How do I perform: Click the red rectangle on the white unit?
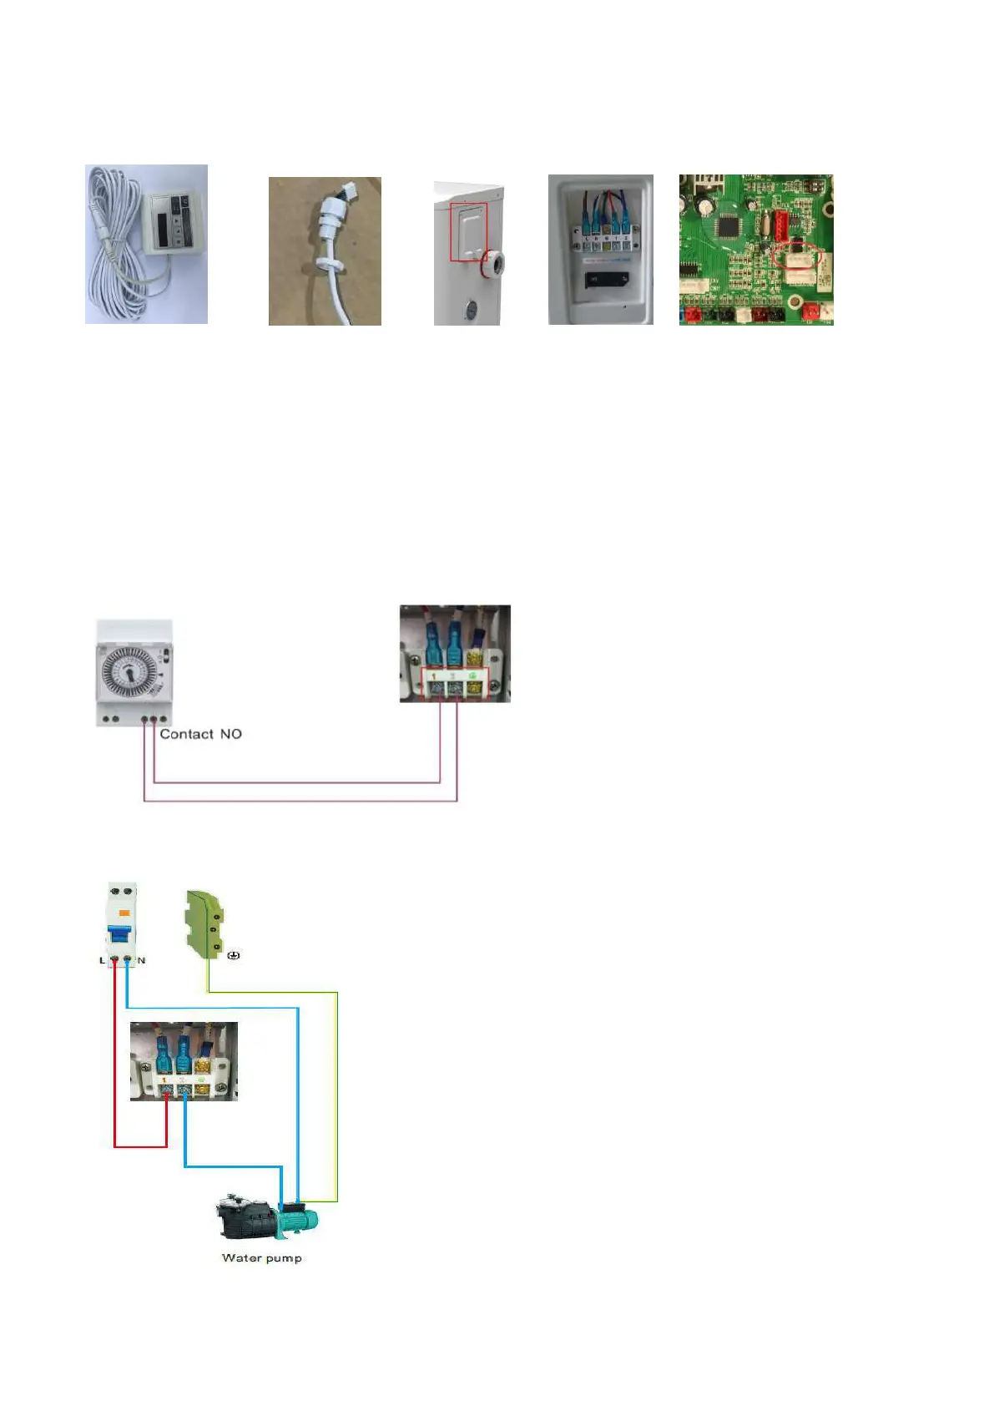468,231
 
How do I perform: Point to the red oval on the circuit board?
797,258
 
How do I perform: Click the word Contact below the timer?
186,734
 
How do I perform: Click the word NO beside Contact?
230,734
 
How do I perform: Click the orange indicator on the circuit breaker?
124,913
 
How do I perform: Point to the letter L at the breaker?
103,960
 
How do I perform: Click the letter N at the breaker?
141,960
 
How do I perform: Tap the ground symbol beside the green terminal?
234,955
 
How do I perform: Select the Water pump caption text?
261,1257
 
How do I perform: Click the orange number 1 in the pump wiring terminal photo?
164,1080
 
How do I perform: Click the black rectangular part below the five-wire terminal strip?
601,278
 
